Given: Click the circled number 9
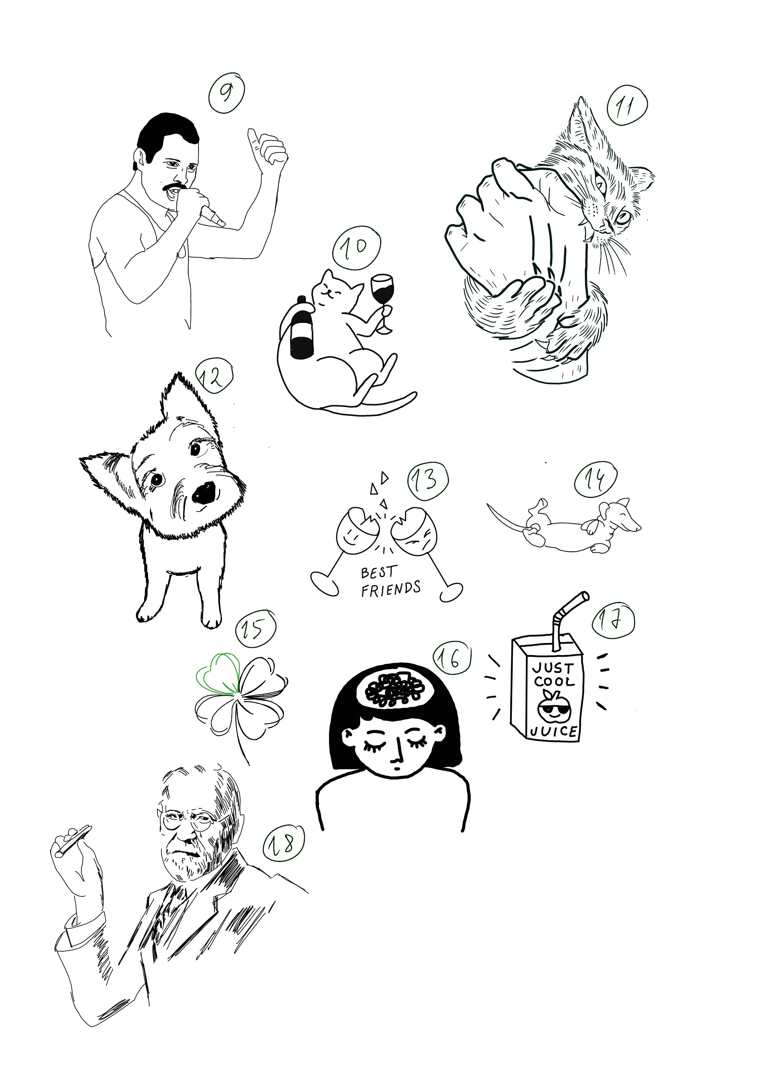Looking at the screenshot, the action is [x=227, y=94].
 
